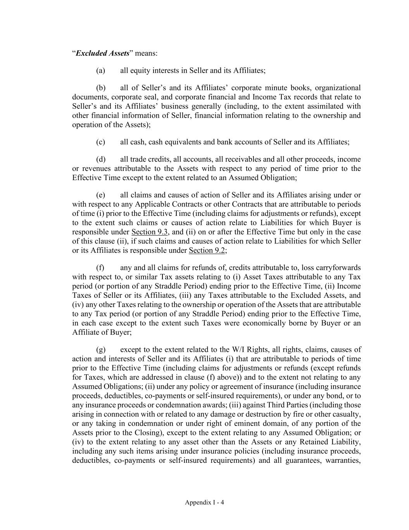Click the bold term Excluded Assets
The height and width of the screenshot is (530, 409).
tap(102, 53)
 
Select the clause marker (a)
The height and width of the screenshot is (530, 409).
tap(100, 71)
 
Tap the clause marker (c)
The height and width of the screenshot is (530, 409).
tap(100, 142)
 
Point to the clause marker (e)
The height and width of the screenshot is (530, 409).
tap(100, 195)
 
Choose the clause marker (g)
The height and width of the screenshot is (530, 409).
tap(100, 349)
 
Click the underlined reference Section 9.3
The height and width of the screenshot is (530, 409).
tap(150, 232)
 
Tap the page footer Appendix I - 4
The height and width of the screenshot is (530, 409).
tap(204, 502)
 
